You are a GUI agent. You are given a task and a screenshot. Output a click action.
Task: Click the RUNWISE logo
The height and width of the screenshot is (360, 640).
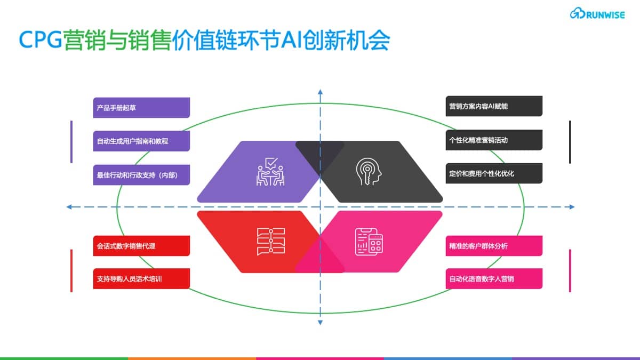click(x=597, y=13)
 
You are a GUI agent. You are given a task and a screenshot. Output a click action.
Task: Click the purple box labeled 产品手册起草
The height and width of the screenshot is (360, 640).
click(x=141, y=108)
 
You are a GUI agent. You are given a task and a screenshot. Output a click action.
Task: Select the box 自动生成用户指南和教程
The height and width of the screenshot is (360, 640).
click(x=141, y=141)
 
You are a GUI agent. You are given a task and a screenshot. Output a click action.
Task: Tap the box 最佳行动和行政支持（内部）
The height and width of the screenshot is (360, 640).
click(x=141, y=175)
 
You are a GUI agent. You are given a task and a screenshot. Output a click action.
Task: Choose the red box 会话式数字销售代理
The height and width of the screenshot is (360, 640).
click(x=141, y=246)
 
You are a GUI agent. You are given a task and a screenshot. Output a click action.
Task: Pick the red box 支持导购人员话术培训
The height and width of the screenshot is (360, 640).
click(x=141, y=278)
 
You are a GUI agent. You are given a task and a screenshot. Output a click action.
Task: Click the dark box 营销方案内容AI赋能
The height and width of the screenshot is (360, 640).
click(x=494, y=106)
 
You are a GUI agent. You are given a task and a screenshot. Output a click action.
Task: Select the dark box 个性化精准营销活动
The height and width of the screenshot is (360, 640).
click(x=494, y=140)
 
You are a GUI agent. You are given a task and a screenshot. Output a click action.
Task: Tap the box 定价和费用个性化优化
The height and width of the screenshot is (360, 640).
click(x=494, y=173)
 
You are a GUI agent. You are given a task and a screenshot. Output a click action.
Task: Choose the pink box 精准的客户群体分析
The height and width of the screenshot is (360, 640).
click(x=494, y=246)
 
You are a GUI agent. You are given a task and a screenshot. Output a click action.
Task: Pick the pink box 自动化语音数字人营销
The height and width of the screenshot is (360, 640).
click(x=494, y=278)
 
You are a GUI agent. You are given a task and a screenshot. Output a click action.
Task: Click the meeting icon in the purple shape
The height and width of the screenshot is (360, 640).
click(x=270, y=172)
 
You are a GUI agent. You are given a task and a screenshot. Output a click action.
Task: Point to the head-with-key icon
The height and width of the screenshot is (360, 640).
click(x=369, y=172)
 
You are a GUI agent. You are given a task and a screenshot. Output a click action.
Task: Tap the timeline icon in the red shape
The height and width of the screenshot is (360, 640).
click(x=271, y=242)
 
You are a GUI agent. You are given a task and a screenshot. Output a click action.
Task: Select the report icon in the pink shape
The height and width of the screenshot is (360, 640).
click(x=369, y=242)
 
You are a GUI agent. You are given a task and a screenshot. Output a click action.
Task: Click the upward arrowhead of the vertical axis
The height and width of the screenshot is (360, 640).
click(x=321, y=92)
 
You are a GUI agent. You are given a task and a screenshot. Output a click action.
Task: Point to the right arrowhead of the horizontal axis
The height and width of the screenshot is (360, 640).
click(x=572, y=207)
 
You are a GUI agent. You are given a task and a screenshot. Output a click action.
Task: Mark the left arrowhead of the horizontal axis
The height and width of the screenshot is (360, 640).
click(x=69, y=207)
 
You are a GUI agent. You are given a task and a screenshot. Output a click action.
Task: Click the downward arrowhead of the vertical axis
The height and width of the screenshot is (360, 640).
click(x=321, y=323)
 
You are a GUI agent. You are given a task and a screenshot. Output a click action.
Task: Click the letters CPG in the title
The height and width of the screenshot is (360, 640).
click(x=41, y=39)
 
